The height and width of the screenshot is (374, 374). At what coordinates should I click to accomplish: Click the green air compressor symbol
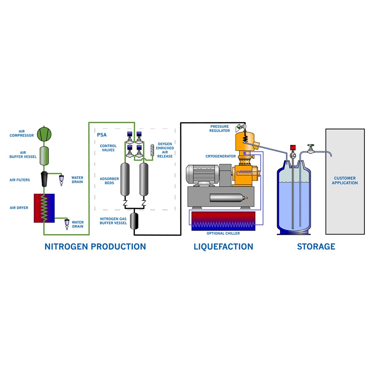point(44,134)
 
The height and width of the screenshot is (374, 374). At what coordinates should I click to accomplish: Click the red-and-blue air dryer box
point(44,208)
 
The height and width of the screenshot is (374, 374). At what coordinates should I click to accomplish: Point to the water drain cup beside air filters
point(61,179)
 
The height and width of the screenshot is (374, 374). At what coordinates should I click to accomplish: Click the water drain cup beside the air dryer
point(67,223)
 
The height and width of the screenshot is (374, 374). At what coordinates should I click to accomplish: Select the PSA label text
point(102,135)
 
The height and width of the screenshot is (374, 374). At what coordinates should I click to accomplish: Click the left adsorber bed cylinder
point(125,179)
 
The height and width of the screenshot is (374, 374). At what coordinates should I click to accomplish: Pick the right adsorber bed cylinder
point(144,179)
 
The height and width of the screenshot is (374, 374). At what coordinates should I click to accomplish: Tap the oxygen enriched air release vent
point(152,150)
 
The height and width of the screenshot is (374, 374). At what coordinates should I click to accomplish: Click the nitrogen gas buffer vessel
point(134,220)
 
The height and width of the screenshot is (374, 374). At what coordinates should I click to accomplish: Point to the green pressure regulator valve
point(239,126)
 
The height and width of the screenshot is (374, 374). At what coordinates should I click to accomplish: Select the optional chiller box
point(223,221)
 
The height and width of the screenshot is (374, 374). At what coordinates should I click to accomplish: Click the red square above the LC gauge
point(293,147)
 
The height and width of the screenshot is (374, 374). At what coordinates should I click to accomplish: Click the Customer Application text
point(345,180)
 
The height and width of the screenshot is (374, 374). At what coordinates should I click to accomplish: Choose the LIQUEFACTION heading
point(223,247)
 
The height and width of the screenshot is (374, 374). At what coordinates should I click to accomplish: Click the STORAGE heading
point(316,247)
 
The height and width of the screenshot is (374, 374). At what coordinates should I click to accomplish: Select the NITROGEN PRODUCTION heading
point(95,247)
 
